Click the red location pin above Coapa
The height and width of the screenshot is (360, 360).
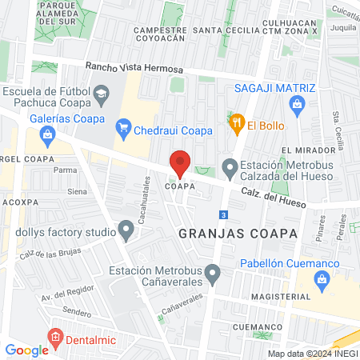coord(180,162)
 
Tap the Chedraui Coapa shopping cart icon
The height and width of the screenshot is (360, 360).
coord(123,126)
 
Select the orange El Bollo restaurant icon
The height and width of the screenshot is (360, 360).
coord(236,123)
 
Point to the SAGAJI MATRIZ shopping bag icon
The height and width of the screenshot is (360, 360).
coord(298,104)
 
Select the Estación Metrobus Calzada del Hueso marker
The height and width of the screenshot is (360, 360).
coord(230,168)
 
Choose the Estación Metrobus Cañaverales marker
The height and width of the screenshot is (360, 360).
coord(212,274)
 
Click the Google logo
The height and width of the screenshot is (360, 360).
coord(26,350)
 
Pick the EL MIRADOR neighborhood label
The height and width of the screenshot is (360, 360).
coord(308,150)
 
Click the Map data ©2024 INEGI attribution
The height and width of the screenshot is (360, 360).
coord(311,353)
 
